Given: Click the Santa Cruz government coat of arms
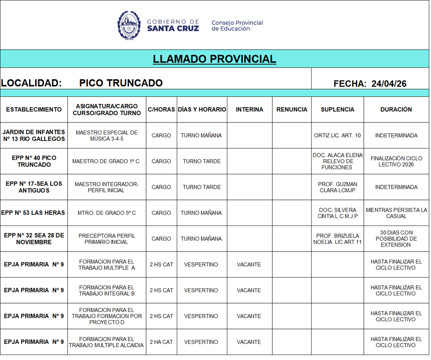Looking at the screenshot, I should (x=129, y=25).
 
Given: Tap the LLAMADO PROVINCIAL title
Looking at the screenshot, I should (x=214, y=59).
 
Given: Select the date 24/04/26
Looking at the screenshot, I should (x=389, y=84).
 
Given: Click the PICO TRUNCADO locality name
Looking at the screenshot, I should (x=121, y=83).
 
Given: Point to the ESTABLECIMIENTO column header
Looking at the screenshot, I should (x=34, y=109).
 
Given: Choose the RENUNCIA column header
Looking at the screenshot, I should (x=292, y=109).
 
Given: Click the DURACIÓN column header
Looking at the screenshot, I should (x=396, y=109).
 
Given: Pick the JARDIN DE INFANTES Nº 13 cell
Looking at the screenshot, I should (x=34, y=135).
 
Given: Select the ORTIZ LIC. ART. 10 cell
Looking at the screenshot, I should (x=337, y=135).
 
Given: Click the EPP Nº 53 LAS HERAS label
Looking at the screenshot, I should (x=34, y=213).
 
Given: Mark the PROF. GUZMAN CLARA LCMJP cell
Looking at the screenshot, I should (x=337, y=187).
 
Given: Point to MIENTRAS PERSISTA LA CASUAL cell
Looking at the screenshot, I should (x=396, y=213).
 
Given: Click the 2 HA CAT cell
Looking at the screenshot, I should (x=161, y=342).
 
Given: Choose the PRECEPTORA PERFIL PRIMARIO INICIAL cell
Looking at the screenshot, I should (x=106, y=239).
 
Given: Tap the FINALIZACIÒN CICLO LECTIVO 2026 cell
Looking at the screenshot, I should (x=396, y=161).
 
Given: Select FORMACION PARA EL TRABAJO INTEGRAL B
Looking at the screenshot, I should (x=106, y=291).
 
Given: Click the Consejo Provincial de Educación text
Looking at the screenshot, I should (x=237, y=26).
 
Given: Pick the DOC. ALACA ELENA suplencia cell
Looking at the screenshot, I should (x=337, y=161).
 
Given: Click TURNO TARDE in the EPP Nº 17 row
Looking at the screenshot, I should (x=201, y=187).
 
